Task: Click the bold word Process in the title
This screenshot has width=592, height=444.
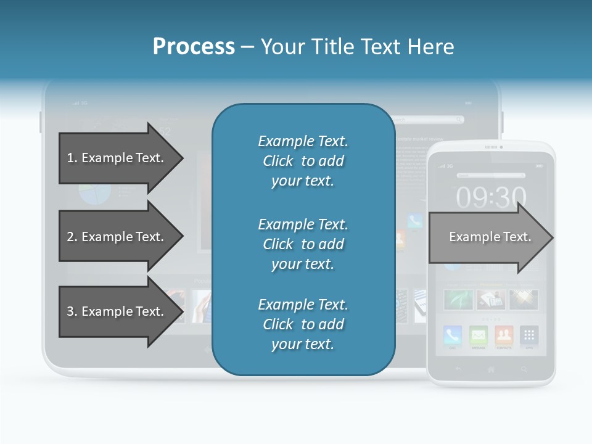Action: [194, 47]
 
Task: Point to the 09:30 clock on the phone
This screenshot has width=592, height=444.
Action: [491, 197]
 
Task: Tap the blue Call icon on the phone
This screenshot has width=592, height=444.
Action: [453, 335]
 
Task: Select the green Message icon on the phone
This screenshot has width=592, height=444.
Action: [479, 335]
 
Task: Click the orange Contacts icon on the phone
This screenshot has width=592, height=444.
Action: [504, 335]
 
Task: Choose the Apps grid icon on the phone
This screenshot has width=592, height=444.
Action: [528, 335]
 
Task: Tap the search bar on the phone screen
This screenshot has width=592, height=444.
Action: [491, 175]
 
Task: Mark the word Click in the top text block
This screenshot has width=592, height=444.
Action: [278, 161]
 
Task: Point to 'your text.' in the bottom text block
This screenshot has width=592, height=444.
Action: [303, 344]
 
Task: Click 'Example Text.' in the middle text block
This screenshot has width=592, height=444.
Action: [303, 224]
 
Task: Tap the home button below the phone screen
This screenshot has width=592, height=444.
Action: [491, 369]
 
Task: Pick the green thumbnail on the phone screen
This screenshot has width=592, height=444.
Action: [458, 299]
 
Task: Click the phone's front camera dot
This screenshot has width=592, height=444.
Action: [501, 147]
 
